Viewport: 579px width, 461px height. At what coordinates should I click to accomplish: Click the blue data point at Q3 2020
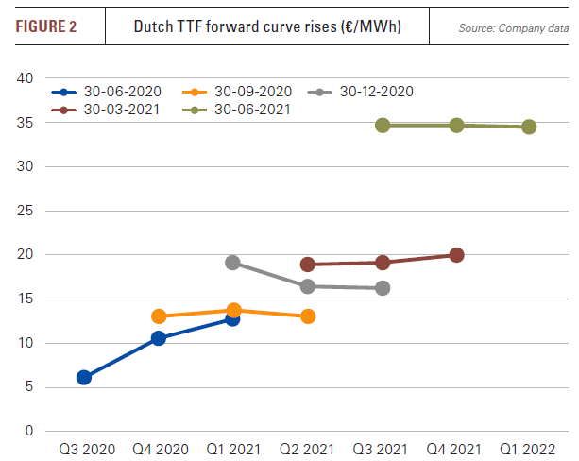pos(84,377)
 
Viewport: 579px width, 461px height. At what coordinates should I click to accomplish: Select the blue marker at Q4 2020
pos(159,337)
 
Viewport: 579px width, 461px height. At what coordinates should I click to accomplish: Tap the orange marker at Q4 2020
pos(159,316)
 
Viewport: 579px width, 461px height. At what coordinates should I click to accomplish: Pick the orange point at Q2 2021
pos(308,316)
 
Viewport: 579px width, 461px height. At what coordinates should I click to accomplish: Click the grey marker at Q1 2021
pos(232,263)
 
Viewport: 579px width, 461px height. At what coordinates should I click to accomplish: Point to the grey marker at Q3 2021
pos(383,287)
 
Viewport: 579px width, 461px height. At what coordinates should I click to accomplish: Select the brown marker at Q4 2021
pos(457,254)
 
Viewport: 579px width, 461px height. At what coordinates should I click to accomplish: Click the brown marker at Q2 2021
pos(307,265)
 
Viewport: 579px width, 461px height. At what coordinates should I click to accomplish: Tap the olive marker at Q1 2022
pos(529,127)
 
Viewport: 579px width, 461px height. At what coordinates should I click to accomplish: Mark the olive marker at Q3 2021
pos(383,125)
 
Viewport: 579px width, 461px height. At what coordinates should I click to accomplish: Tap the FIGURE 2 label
pos(46,26)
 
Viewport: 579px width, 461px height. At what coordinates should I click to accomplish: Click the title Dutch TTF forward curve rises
pos(267,26)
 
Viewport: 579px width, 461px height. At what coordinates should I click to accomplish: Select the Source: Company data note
pos(509,28)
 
